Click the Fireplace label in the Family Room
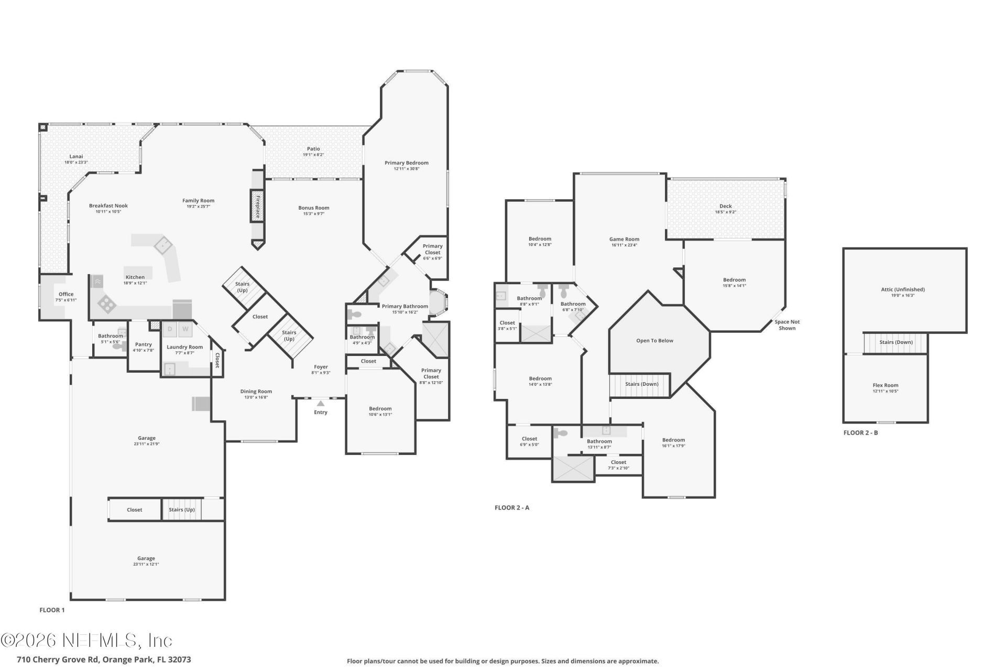tap(258, 206)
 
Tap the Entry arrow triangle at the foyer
tap(321, 403)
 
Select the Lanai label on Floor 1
tap(76, 156)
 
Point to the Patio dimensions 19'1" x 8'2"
tap(313, 155)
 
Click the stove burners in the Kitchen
tap(107, 304)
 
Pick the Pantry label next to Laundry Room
tap(143, 344)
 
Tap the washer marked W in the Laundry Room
tap(185, 329)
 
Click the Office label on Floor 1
tap(66, 294)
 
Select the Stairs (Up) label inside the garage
tap(181, 510)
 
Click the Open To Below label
tap(654, 341)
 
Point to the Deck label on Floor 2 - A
tap(725, 206)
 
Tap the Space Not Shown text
tap(787, 325)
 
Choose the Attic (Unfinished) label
tap(902, 289)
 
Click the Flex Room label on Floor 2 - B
tap(885, 385)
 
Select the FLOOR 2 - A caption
tap(512, 507)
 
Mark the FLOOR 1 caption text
tap(52, 610)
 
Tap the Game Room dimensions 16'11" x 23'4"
tap(624, 245)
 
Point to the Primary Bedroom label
tap(406, 163)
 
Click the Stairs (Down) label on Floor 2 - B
tap(895, 342)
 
